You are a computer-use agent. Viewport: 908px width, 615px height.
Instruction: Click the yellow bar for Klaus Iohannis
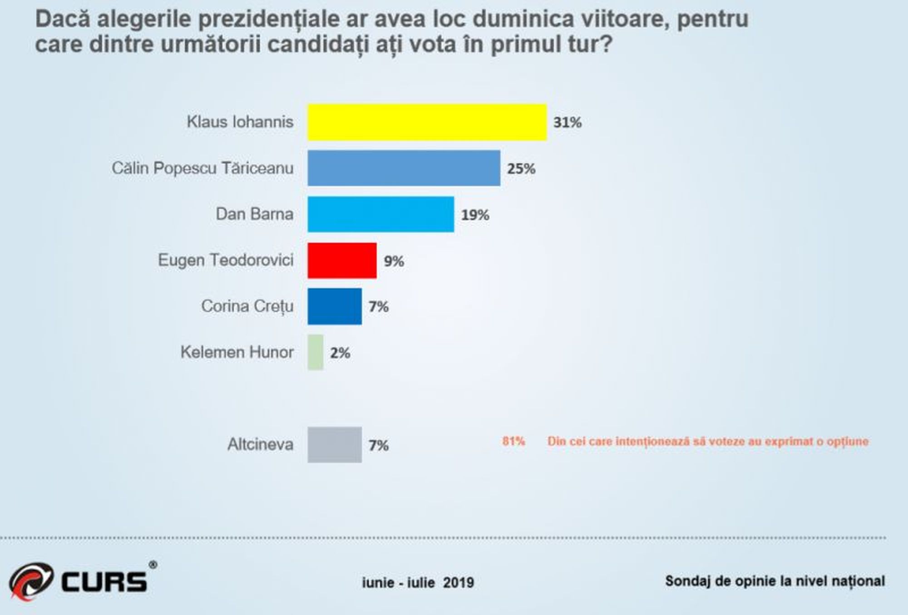427,122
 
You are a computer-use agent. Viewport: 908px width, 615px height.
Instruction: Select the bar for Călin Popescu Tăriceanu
404,168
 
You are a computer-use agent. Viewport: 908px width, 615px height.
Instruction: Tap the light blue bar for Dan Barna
380,214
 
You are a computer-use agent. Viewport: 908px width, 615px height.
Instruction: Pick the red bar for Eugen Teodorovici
342,261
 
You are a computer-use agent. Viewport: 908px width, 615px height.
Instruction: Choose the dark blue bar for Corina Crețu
335,306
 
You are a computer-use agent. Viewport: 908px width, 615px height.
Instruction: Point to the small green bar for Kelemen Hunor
316,353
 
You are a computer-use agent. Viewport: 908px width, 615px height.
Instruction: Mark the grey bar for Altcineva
335,445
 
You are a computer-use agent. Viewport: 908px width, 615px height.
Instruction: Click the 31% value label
567,123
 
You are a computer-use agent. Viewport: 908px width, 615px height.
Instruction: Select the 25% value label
521,169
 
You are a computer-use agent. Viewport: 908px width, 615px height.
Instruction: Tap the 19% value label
475,215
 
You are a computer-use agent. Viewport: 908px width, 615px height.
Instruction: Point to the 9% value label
394,261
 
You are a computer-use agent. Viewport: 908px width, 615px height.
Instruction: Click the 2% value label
340,353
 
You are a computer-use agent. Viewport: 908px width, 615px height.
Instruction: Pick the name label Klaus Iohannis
240,122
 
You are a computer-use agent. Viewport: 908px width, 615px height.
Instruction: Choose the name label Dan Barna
254,214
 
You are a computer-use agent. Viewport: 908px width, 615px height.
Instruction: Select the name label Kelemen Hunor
237,352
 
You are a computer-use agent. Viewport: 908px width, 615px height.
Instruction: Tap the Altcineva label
260,444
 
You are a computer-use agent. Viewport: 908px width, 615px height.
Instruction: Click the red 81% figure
513,441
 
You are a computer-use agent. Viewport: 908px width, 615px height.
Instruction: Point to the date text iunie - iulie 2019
418,582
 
